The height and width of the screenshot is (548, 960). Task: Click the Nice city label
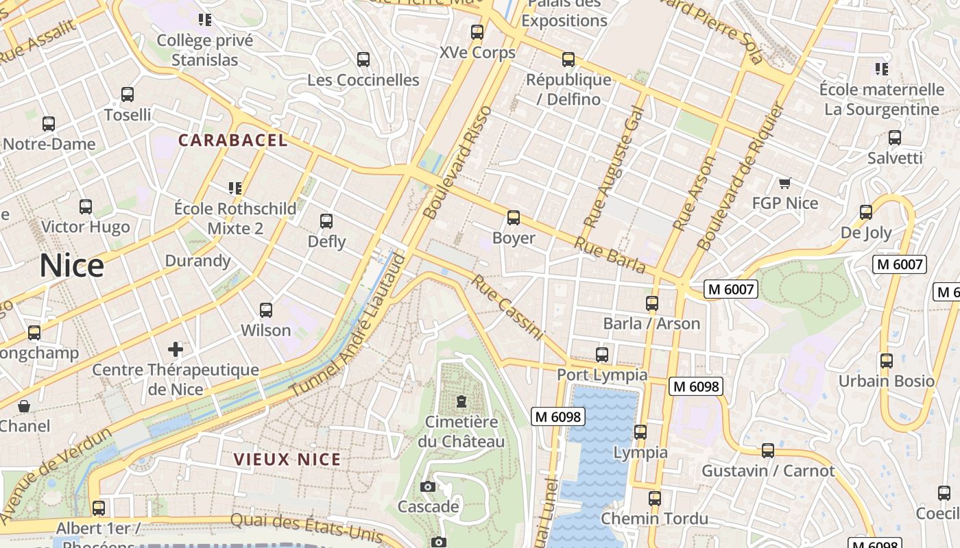(x=71, y=266)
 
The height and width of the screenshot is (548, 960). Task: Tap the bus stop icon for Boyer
(x=514, y=219)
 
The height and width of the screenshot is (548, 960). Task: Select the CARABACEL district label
(x=232, y=140)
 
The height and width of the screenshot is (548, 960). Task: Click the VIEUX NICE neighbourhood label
(x=287, y=459)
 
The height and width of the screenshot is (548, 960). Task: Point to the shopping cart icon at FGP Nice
(x=785, y=183)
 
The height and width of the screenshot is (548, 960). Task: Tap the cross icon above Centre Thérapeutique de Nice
(x=176, y=349)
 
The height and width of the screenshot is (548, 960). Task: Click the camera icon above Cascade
(x=428, y=487)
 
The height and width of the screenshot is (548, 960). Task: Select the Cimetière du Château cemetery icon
(x=461, y=401)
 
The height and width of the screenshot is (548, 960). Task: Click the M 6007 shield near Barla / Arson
(x=731, y=290)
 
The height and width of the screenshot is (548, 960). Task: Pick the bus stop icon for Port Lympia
(x=602, y=354)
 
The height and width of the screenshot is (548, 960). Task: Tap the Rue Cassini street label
(x=507, y=308)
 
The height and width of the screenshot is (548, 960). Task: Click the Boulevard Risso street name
(x=458, y=162)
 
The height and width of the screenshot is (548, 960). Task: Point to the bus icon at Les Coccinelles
(x=363, y=60)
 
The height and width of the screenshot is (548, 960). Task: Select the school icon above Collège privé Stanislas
(x=204, y=20)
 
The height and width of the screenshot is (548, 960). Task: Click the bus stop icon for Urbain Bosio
(x=887, y=360)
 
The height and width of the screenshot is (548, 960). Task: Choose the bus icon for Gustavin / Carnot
(x=768, y=451)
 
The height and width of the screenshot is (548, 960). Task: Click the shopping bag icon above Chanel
(x=24, y=406)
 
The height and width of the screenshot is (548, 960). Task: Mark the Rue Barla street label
(x=610, y=254)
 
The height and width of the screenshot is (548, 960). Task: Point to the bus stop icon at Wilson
(x=266, y=310)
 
